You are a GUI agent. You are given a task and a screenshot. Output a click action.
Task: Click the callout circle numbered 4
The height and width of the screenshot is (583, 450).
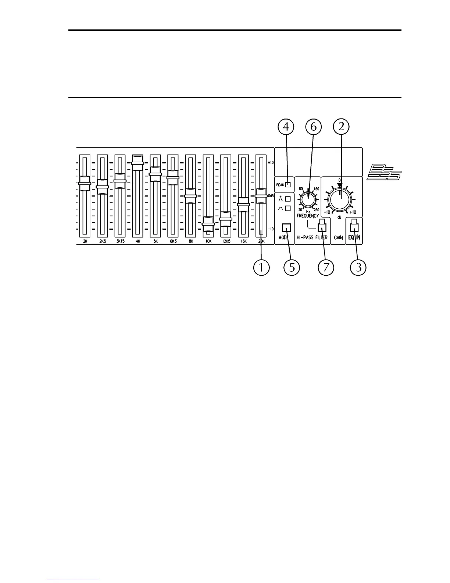286,127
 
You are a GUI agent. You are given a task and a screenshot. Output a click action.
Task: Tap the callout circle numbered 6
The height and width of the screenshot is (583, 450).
313,127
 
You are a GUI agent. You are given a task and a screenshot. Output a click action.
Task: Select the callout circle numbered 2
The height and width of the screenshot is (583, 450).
341,127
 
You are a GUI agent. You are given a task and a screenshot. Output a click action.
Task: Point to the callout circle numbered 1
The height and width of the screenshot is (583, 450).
261,268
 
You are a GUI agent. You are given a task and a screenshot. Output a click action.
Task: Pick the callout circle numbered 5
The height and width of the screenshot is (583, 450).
292,268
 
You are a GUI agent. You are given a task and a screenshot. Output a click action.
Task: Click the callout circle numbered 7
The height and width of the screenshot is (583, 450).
326,268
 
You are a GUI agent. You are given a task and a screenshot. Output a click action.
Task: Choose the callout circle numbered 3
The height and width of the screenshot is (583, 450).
358,268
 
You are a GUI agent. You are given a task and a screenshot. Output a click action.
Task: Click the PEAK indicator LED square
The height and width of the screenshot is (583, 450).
288,185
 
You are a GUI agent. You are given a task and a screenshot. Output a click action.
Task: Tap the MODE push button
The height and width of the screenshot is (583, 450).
286,228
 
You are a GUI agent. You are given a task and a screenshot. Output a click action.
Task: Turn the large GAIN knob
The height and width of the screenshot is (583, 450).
340,199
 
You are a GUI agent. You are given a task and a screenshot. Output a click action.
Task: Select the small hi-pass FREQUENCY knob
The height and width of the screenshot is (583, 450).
308,200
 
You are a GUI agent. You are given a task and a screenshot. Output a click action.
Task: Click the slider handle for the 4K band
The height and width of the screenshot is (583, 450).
137,163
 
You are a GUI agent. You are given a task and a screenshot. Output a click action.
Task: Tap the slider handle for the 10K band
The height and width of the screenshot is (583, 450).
208,223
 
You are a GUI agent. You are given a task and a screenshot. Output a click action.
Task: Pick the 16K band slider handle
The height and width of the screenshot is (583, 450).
243,205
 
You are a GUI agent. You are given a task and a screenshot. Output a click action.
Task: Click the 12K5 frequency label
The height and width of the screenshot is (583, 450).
226,241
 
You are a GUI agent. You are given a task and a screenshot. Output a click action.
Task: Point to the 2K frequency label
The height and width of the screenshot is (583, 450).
85,241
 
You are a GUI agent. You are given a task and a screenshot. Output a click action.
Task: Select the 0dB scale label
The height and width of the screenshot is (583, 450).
271,196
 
